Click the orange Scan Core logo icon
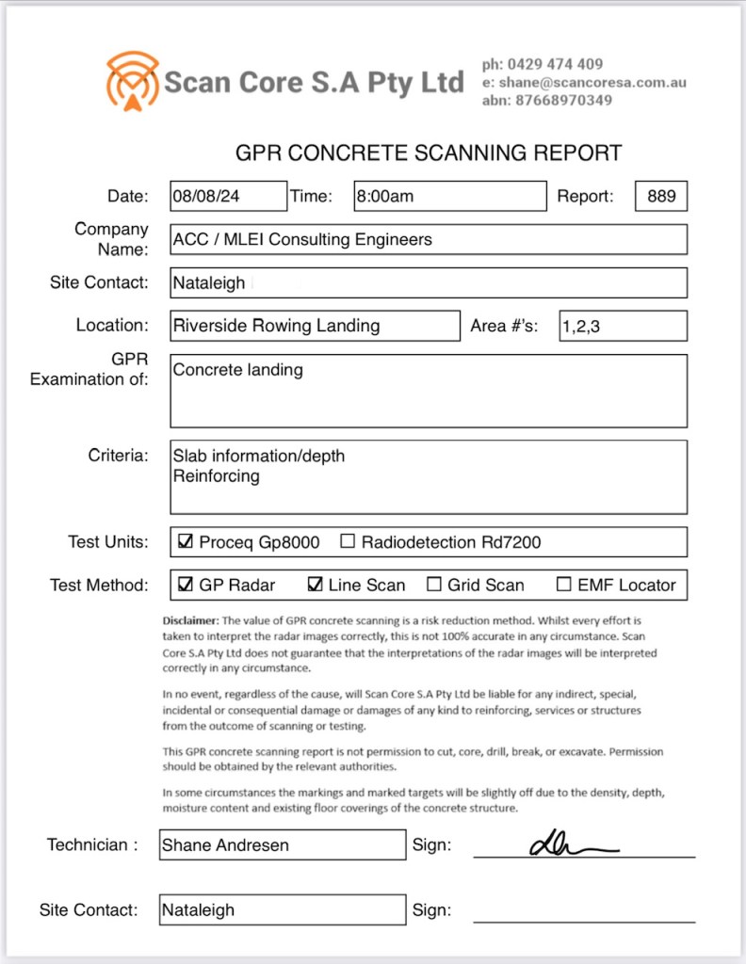point(133,81)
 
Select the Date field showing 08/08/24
point(228,196)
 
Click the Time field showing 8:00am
point(449,196)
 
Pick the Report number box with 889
point(661,196)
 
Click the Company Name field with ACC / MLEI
point(429,239)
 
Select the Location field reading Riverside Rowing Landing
point(316,326)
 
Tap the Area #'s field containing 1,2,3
point(623,326)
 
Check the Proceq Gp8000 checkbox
point(186,542)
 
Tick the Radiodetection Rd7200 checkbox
point(348,542)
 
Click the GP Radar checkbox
point(186,585)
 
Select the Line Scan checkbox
point(316,585)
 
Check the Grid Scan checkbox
point(434,585)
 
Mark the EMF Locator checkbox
point(564,585)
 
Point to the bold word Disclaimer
point(190,621)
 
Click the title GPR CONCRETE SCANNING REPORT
point(428,153)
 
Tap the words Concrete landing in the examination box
point(237,370)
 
